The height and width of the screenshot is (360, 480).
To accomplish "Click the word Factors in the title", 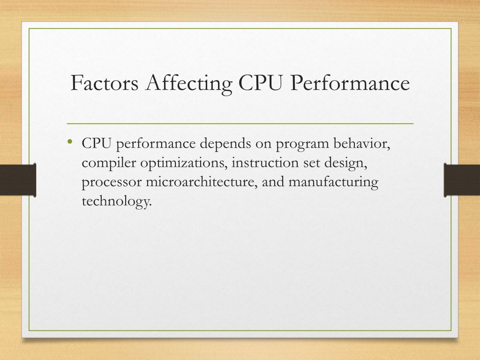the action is [x=105, y=82].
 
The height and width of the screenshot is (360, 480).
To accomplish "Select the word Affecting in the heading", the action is [x=188, y=83].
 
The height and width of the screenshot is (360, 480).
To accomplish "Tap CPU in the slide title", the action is [x=260, y=82].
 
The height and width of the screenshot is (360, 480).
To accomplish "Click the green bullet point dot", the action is [x=70, y=142].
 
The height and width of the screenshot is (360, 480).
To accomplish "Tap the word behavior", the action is [x=362, y=143].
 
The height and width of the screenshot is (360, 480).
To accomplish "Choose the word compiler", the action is [x=109, y=163].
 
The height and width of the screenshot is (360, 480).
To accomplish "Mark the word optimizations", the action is [x=184, y=163].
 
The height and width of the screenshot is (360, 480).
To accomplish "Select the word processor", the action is [x=112, y=183].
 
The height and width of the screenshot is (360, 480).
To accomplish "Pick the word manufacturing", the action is [x=333, y=183].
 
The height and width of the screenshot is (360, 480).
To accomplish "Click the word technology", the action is [x=117, y=202].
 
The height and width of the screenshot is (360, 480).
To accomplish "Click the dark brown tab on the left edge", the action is [x=18, y=180].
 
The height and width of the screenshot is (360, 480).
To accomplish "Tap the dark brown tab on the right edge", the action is [x=462, y=180].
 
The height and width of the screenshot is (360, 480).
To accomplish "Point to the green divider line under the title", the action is [x=240, y=124].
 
